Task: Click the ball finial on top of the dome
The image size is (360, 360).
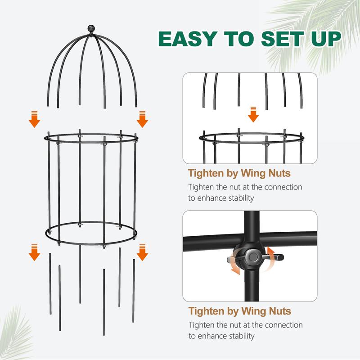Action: point(91,28)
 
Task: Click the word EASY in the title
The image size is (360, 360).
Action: point(188,39)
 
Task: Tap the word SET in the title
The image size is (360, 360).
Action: point(283,39)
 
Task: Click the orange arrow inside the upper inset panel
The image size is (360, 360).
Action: point(253,114)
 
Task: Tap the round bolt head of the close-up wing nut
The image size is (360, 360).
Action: point(253,257)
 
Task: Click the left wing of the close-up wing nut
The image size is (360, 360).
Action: point(232,260)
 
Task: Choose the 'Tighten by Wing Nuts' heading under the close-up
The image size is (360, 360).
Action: point(240,311)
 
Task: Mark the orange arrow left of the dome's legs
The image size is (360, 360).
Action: point(35,119)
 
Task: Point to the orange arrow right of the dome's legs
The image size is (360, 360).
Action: point(142,119)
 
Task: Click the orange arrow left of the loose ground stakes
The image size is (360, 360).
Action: point(35,252)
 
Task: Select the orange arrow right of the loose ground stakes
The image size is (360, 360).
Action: point(142,252)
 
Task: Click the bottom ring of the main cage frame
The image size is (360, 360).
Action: point(91,243)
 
